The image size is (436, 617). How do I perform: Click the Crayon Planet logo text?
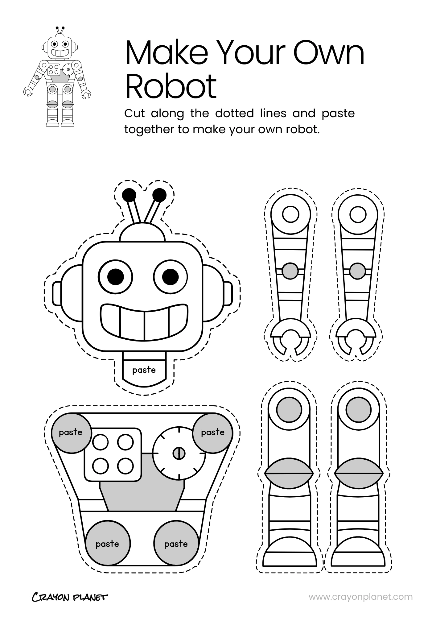[x=70, y=597]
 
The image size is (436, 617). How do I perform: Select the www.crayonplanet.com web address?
[x=360, y=597]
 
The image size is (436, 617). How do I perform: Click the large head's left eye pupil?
[x=116, y=276]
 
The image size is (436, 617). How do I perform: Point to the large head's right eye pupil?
[x=170, y=276]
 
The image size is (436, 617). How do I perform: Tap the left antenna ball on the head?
[x=129, y=195]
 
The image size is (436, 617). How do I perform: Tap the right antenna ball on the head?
[x=159, y=195]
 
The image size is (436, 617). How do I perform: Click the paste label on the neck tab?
[x=144, y=370]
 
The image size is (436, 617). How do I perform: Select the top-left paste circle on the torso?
[x=71, y=433]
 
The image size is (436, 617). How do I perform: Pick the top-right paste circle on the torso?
[x=213, y=433]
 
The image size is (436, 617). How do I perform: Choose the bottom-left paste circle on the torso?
[x=107, y=544]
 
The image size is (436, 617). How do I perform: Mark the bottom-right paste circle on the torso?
[x=176, y=544]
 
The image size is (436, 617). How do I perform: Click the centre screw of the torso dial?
[x=179, y=453]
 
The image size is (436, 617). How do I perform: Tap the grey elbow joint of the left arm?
[x=290, y=271]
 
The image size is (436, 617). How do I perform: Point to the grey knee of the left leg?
[x=289, y=473]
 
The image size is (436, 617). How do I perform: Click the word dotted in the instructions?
[x=234, y=113]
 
